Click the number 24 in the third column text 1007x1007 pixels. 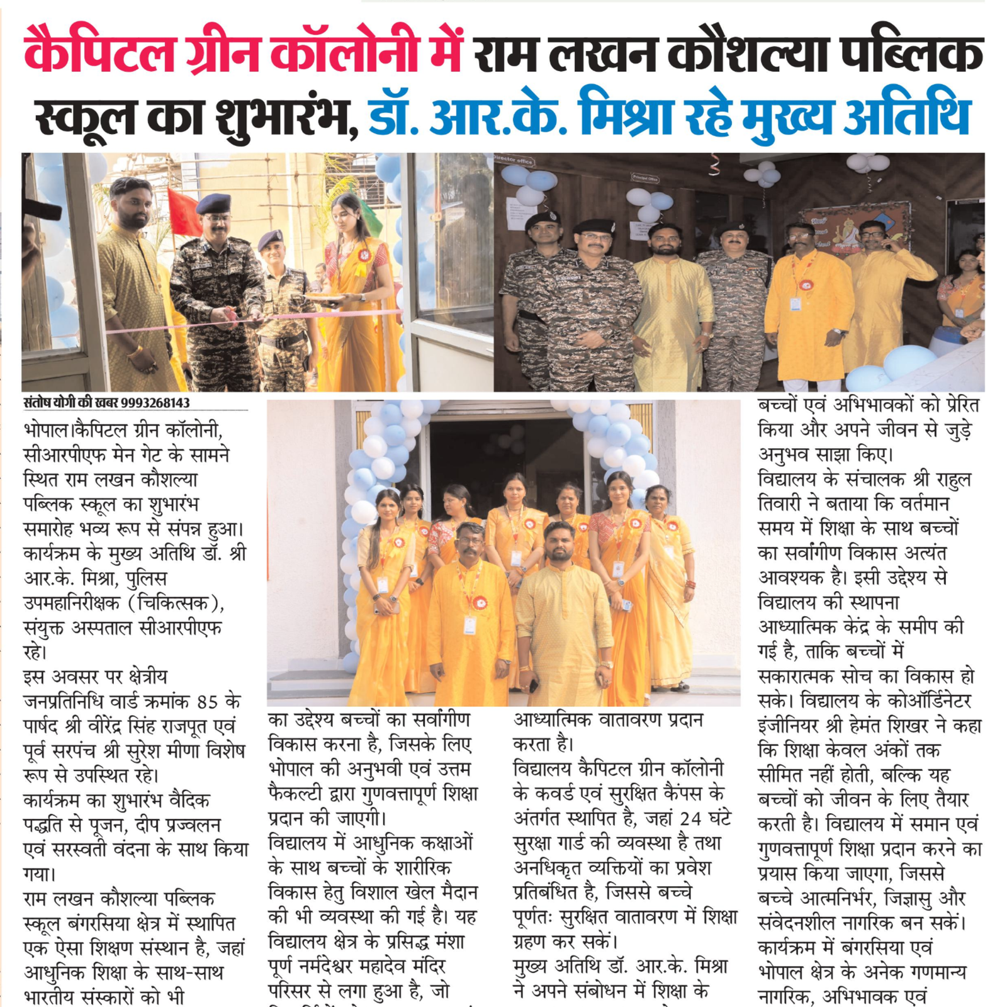690,819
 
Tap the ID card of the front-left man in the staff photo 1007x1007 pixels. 470,625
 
